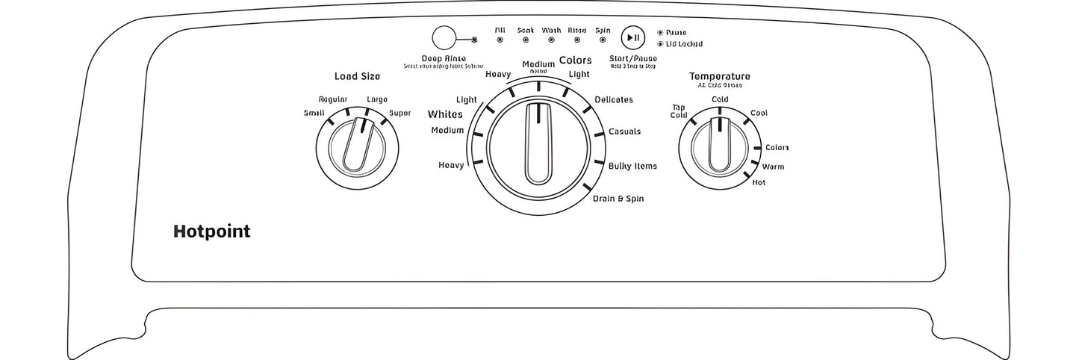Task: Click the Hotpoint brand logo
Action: pyautogui.click(x=211, y=232)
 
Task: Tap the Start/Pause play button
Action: pyautogui.click(x=632, y=37)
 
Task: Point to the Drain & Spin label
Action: pyautogui.click(x=618, y=199)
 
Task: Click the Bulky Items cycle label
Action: pyautogui.click(x=632, y=166)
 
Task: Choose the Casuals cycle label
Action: pyautogui.click(x=624, y=131)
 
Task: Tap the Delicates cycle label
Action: pyautogui.click(x=613, y=99)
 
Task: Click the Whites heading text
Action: pyautogui.click(x=445, y=114)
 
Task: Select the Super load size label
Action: pyautogui.click(x=399, y=114)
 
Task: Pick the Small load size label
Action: pyautogui.click(x=314, y=114)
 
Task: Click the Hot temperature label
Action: pyautogui.click(x=759, y=182)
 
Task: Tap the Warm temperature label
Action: pyautogui.click(x=773, y=167)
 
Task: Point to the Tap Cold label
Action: pyautogui.click(x=679, y=111)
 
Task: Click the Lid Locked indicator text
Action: pyautogui.click(x=683, y=44)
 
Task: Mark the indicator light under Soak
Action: pyautogui.click(x=526, y=40)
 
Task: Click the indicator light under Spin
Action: pyautogui.click(x=603, y=40)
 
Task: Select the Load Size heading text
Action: pyautogui.click(x=357, y=76)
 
